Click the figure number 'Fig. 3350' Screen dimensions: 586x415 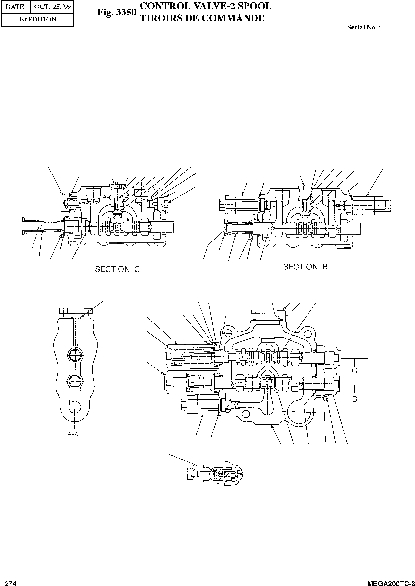coord(117,12)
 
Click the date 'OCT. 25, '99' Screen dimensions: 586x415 coord(52,7)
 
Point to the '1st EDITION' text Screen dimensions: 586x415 coord(38,19)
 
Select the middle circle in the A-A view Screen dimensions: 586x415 coord(75,381)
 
